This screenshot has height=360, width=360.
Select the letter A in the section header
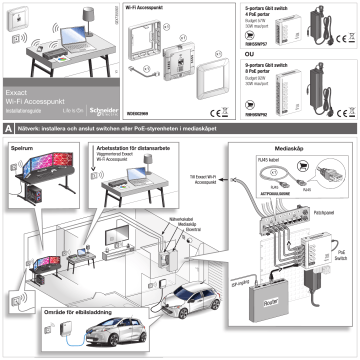(8, 129)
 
